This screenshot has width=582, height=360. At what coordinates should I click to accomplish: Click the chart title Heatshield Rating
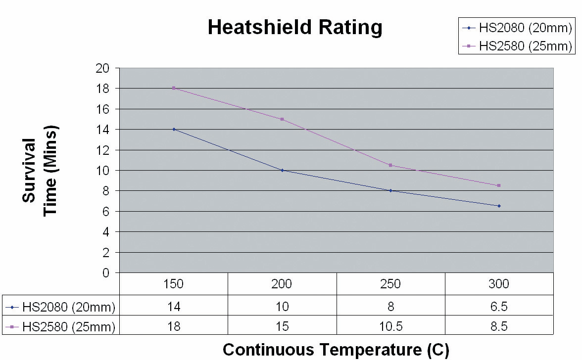pos(295,27)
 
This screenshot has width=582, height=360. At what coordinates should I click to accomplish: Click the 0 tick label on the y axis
pos(105,272)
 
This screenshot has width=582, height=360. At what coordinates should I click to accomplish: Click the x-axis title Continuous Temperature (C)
pos(336,350)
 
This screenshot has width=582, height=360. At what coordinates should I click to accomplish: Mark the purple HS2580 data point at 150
pos(174,88)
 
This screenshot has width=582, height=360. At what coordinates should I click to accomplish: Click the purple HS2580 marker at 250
pos(390,165)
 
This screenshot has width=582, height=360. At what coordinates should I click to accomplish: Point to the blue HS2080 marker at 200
pos(282,170)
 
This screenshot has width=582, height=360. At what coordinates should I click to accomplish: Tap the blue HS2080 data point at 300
pos(499,206)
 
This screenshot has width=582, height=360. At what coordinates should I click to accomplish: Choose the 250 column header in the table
pos(390,284)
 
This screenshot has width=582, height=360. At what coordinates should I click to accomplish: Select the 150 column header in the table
pos(174,284)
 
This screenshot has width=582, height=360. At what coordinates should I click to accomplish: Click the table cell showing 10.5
pos(390,326)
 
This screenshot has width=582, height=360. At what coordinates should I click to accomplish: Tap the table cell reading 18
pos(174,326)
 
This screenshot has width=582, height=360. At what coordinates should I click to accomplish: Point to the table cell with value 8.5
pos(499,326)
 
